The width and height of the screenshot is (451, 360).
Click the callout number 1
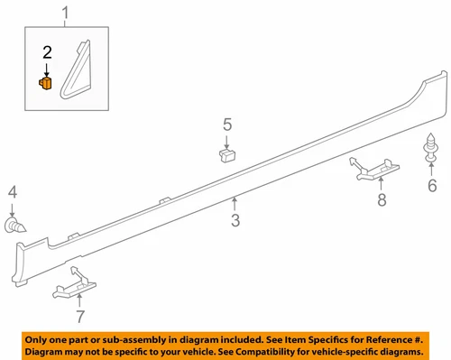point(63,13)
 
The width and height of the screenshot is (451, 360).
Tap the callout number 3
point(235,220)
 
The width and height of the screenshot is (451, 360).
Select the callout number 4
point(12,191)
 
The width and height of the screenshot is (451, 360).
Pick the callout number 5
point(227,124)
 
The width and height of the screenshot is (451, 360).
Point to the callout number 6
point(431,187)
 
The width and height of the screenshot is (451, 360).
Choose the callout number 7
point(79,317)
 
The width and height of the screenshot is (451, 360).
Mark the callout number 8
point(382,198)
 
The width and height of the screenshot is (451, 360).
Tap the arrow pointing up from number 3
point(235,203)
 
